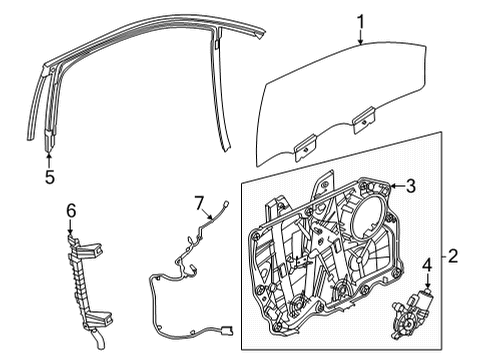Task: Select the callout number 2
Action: [x=453, y=256]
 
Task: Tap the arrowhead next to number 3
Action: [x=388, y=186]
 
